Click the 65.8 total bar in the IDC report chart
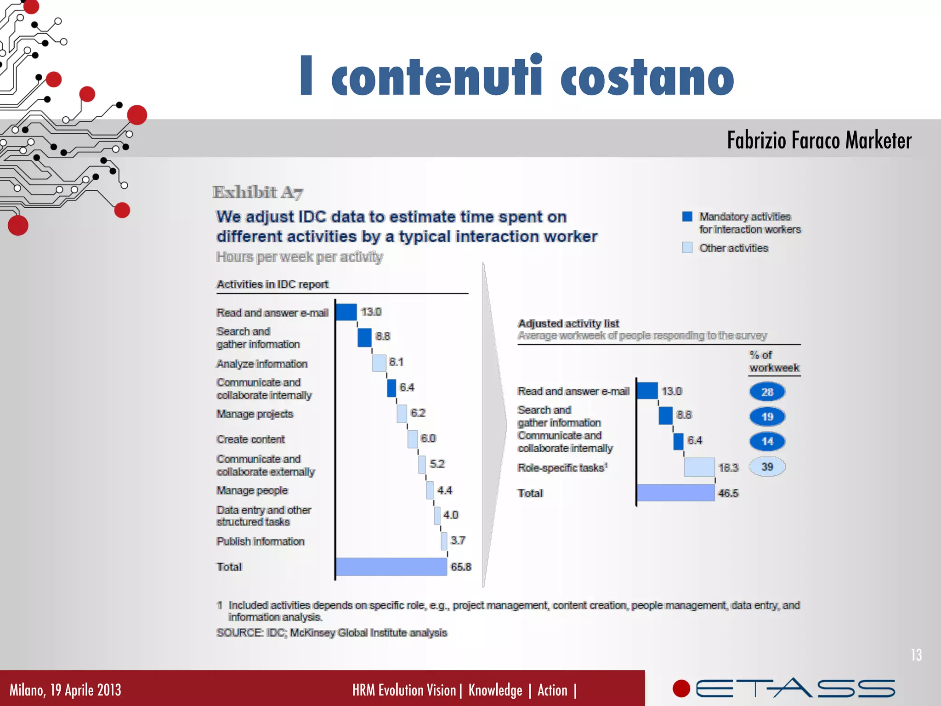click(x=391, y=566)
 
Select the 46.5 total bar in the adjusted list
click(x=675, y=493)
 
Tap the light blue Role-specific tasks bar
click(x=699, y=467)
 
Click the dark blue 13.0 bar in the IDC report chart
click(x=346, y=312)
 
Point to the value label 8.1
click(x=396, y=362)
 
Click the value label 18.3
click(x=728, y=467)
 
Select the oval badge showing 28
click(x=767, y=392)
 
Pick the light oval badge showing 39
click(x=767, y=467)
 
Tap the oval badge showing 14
click(x=767, y=441)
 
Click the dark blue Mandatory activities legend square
click(x=687, y=216)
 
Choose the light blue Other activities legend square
click(x=687, y=248)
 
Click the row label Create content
click(x=251, y=439)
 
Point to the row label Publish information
click(x=261, y=541)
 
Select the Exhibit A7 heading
click(x=258, y=192)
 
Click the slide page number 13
click(x=916, y=655)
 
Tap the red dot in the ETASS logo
click(x=681, y=689)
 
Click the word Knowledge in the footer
click(x=495, y=690)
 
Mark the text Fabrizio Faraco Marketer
click(x=819, y=140)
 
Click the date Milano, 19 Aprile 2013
click(x=65, y=690)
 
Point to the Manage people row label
click(x=252, y=490)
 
